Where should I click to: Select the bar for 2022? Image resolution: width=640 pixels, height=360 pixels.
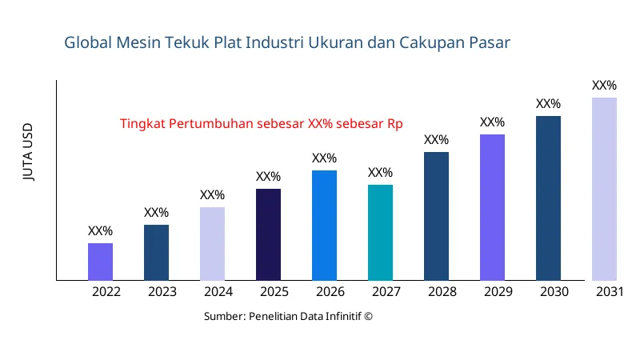point(100,262)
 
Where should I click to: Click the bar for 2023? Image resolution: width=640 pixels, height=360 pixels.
point(156,253)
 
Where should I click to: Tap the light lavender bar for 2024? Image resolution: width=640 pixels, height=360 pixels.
point(212,244)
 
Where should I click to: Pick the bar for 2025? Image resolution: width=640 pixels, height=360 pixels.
point(268,234)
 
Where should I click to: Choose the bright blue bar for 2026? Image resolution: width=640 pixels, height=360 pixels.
point(324,226)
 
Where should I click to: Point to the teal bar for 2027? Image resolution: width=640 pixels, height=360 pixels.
point(380,233)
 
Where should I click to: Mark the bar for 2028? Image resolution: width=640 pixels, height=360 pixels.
point(436,216)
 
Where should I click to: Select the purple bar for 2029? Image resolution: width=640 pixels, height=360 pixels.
point(492,207)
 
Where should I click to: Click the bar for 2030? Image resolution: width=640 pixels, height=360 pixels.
point(548,198)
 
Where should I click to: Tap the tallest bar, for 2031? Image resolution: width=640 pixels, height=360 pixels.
point(604,189)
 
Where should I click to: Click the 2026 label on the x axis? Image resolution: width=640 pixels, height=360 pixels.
point(330,292)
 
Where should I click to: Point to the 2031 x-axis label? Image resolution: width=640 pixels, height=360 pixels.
point(610,292)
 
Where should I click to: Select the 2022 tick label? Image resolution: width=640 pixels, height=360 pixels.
point(106,292)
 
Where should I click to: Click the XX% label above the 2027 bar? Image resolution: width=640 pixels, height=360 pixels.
point(380,173)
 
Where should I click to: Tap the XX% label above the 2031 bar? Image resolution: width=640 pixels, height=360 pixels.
point(604,86)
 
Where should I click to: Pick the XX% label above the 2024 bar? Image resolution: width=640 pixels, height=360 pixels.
point(212,195)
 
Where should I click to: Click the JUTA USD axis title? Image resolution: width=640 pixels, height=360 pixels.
point(29,152)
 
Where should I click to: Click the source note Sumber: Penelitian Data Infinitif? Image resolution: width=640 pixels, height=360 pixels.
point(288,316)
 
